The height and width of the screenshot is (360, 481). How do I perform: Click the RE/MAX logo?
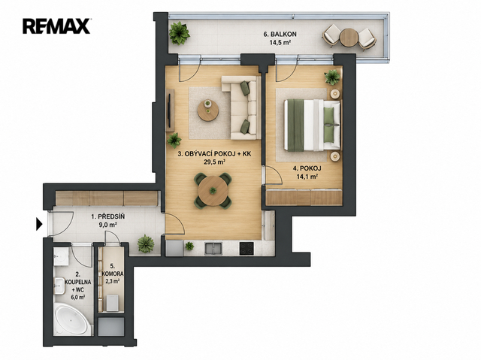pyautogui.click(x=56, y=26)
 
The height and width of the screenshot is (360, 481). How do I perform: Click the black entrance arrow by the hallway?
pyautogui.click(x=39, y=224)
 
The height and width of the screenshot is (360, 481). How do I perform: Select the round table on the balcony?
pyautogui.click(x=349, y=38)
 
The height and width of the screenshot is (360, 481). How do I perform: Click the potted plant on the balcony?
pyautogui.click(x=179, y=33)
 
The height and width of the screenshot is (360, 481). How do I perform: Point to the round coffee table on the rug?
pyautogui.click(x=208, y=110)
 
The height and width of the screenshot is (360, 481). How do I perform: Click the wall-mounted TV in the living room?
pyautogui.click(x=171, y=110)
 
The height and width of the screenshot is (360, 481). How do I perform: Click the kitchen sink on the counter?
pyautogui.click(x=213, y=248)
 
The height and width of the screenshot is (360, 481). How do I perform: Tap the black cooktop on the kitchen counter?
pyautogui.click(x=247, y=248)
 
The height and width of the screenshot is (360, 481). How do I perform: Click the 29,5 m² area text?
pyautogui.click(x=215, y=162)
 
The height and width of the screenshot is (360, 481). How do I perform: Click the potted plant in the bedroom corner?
pyautogui.click(x=332, y=77)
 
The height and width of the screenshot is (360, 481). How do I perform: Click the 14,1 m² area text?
pyautogui.click(x=307, y=177)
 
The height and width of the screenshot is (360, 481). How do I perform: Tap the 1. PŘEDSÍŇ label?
pyautogui.click(x=108, y=216)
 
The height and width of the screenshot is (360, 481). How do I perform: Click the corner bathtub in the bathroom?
pyautogui.click(x=72, y=319)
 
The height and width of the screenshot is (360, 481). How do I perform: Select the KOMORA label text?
pyautogui.click(x=113, y=274)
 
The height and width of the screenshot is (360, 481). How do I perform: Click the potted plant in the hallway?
pyautogui.click(x=146, y=244)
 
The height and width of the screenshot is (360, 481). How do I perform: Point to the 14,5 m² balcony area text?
pyautogui.click(x=280, y=43)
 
